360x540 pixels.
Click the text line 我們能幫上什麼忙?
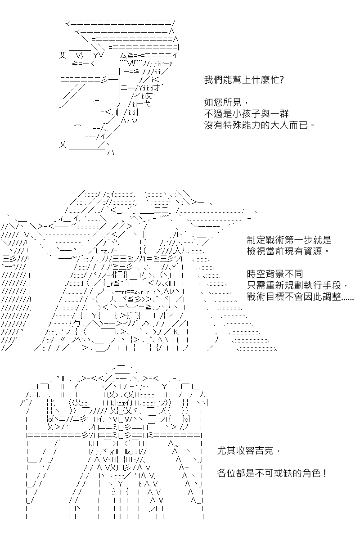click(244, 80)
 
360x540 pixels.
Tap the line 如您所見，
click(226, 103)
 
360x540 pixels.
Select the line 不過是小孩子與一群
click(247, 114)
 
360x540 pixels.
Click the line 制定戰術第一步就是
click(289, 240)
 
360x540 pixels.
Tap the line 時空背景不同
click(275, 274)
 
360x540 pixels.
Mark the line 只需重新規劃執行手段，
click(297, 285)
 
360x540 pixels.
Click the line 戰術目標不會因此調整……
click(300, 297)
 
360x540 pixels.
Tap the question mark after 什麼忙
click(281, 80)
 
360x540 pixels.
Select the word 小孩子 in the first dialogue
click(247, 114)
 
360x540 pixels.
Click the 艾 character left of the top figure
click(63, 55)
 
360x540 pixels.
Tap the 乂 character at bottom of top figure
click(63, 144)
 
